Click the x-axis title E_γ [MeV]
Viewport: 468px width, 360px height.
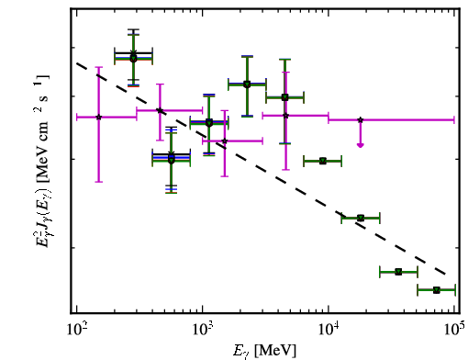coord(264,351)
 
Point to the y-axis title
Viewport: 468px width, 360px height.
coord(40,162)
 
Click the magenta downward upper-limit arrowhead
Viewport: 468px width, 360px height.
coord(361,145)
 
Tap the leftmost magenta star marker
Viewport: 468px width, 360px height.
coord(98,117)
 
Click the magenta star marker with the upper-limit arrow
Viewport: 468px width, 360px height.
coord(361,119)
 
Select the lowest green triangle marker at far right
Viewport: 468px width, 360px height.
coord(437,290)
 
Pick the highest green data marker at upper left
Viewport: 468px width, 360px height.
coord(133,58)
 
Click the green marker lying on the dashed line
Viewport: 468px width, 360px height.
coord(361,218)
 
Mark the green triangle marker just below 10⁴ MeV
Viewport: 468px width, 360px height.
coord(323,161)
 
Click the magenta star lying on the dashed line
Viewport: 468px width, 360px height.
coord(160,110)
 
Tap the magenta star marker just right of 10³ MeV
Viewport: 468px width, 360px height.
coord(225,141)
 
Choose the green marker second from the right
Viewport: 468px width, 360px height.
coord(398,272)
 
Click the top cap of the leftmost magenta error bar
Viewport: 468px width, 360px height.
coord(98,67)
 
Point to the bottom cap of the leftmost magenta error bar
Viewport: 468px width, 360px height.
coord(98,182)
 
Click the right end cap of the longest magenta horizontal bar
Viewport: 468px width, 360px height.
coord(454,120)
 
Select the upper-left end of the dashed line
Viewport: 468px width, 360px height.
coord(77,63)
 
